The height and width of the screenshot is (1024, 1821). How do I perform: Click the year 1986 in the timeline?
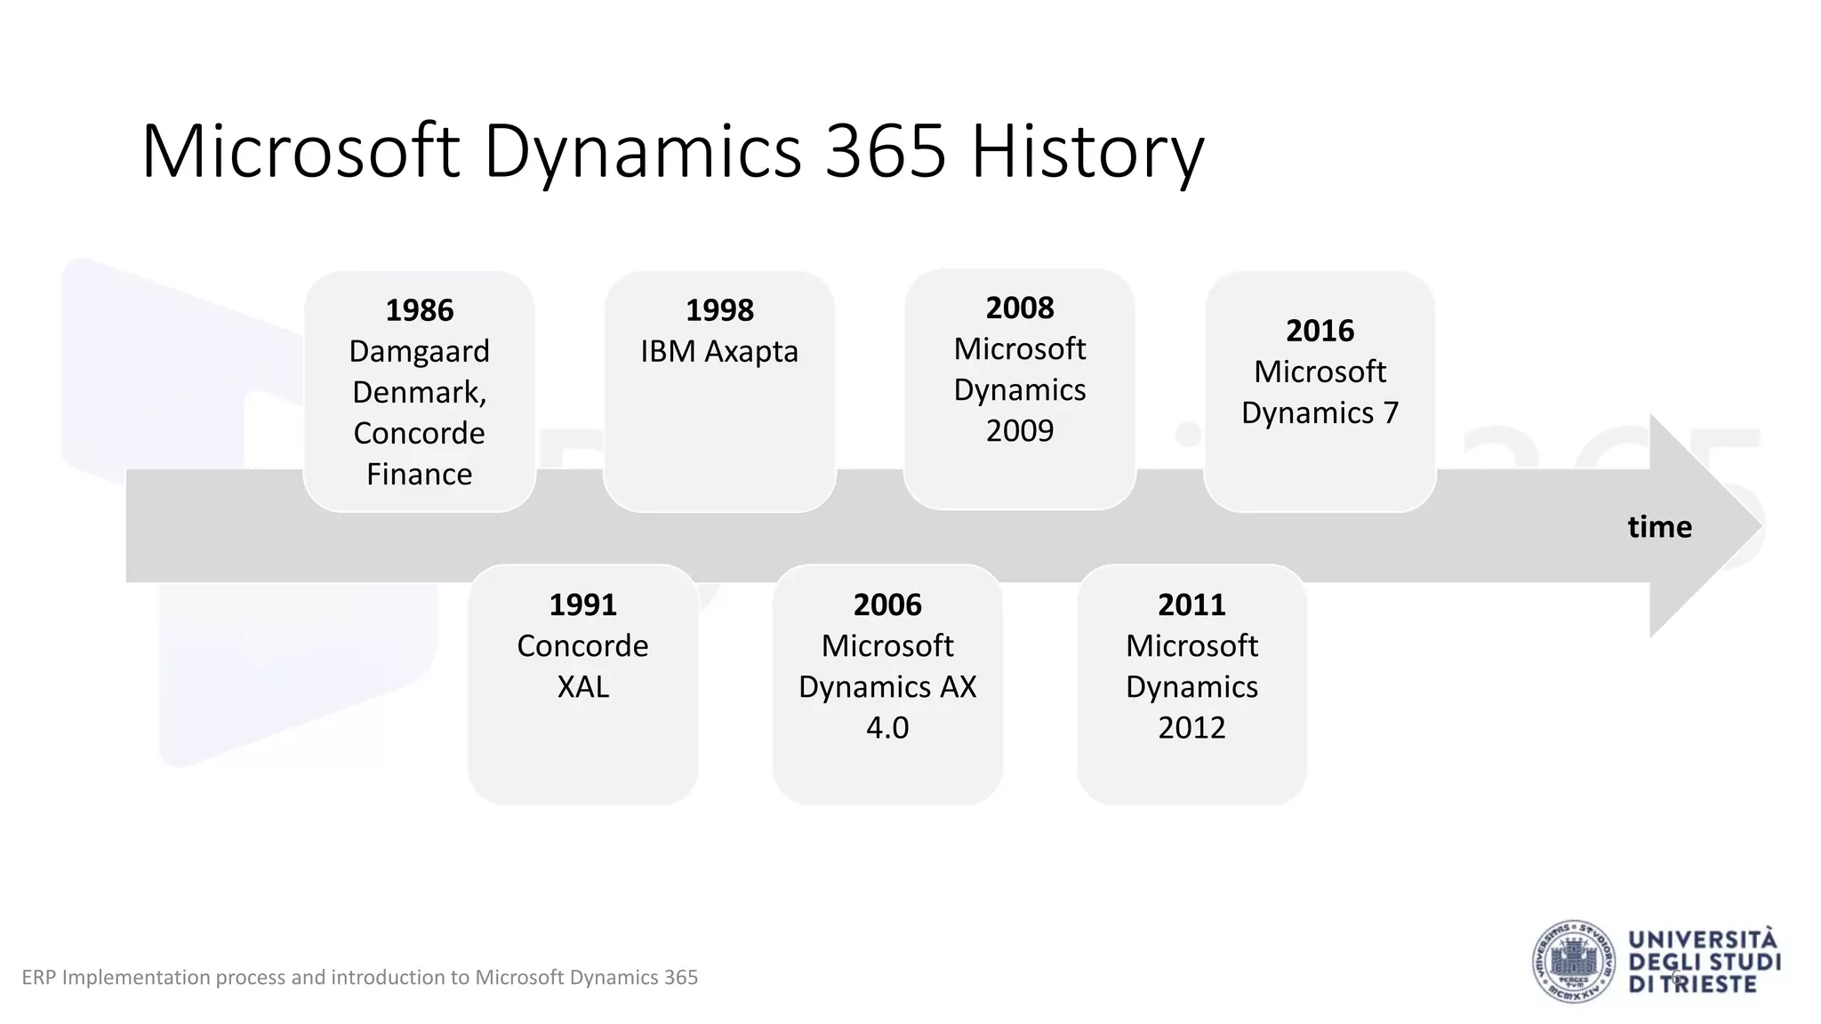coord(419,310)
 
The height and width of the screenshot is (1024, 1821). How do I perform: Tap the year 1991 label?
coord(582,604)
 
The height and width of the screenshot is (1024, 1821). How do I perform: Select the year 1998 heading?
coord(719,310)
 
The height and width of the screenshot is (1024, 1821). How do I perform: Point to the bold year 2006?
coord(887,604)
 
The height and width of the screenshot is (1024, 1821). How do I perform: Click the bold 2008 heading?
coord(1020,308)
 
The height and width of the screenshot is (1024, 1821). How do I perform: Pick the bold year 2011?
coord(1191,604)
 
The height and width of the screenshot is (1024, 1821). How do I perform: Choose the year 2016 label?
coord(1320,331)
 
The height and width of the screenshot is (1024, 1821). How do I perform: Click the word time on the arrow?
coord(1659,527)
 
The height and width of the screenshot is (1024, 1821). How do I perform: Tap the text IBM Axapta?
coord(719,351)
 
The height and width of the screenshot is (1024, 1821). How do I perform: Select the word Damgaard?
coord(419,351)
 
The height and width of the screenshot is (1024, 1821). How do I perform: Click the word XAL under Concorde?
coord(582,687)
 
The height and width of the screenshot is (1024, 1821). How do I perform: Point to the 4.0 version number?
coord(887,728)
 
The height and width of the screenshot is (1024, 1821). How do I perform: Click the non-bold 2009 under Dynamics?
coord(1020,431)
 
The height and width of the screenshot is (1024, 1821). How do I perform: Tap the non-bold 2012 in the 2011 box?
coord(1191,728)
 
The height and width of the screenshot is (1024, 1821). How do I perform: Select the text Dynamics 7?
coord(1320,412)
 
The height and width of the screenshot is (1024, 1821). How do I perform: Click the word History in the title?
coord(1087,152)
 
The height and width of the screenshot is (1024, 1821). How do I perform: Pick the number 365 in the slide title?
coord(886,152)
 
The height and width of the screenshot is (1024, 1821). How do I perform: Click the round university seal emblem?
coord(1574,962)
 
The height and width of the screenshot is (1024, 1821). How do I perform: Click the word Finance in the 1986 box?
coord(419,475)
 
